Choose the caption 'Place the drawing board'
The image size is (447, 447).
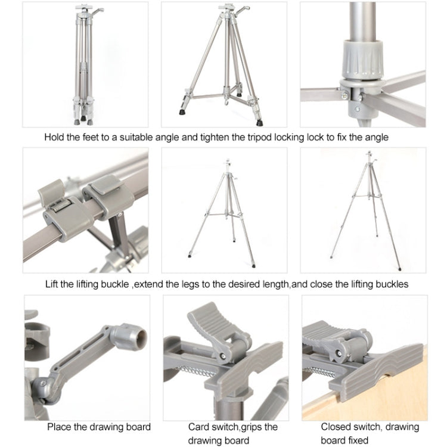coord(99,426)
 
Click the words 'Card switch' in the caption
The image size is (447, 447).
coord(208,426)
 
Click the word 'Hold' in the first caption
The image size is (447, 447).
coord(55,137)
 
